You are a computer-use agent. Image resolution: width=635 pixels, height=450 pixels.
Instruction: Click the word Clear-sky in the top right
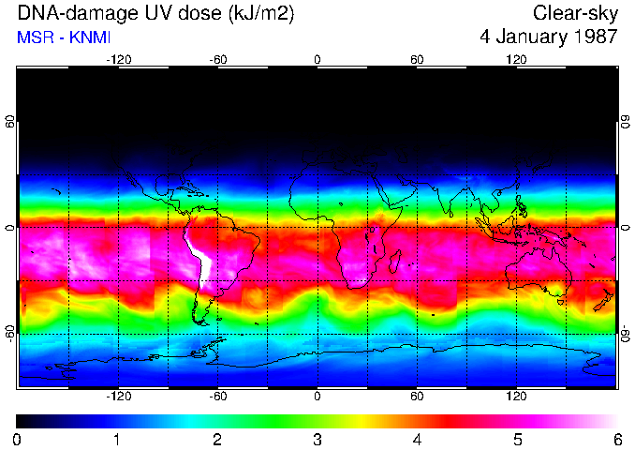575,13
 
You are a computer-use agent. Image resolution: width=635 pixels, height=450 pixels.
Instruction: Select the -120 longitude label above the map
118,59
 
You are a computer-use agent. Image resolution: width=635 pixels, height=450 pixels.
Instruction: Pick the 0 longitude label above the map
317,59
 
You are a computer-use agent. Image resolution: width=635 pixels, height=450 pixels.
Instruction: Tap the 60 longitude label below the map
417,396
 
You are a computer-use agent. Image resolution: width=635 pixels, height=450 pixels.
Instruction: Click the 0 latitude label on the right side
625,228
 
